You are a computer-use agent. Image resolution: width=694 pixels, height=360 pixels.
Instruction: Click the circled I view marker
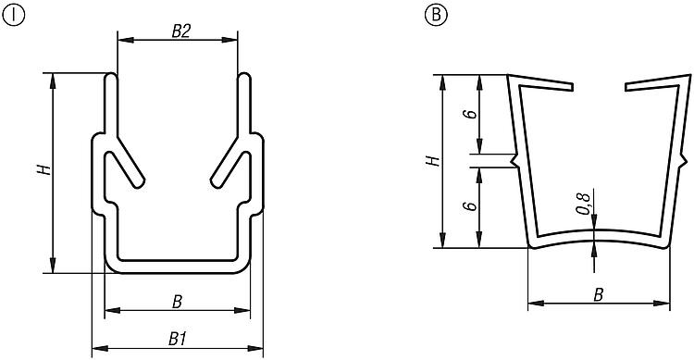14,15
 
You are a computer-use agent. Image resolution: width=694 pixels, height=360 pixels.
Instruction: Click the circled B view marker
436,15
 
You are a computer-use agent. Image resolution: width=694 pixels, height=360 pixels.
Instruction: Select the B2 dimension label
180,31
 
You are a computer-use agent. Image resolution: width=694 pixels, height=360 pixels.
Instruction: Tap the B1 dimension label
177,340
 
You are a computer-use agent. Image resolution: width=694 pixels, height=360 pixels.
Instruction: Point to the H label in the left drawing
44,168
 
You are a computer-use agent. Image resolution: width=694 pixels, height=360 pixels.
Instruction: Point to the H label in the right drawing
433,160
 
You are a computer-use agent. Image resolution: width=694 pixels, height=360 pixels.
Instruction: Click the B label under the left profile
177,302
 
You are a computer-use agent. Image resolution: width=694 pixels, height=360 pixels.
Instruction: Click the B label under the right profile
599,295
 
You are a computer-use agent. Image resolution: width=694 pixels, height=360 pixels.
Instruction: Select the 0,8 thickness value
584,204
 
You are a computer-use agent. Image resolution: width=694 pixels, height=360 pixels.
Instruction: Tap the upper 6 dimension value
472,114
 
